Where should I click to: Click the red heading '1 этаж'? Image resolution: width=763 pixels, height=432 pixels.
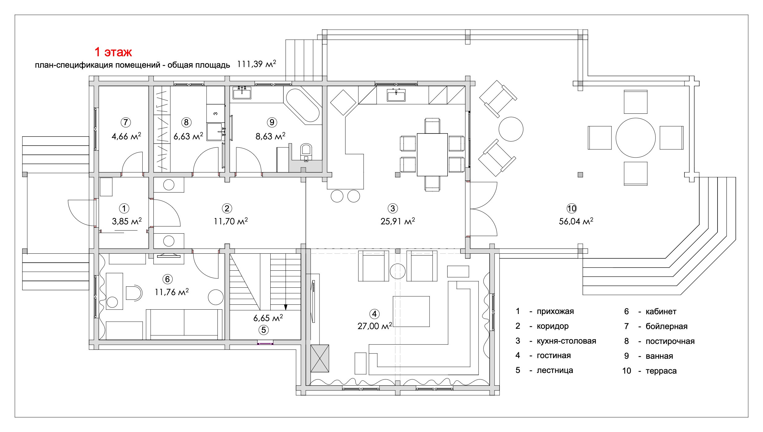(113, 52)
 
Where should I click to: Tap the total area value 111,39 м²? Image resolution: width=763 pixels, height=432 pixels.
(256, 64)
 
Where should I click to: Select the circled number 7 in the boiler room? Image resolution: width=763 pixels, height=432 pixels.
(126, 122)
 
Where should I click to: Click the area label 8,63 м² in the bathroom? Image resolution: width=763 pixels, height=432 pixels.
(270, 136)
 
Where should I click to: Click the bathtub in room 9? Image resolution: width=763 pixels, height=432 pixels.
(303, 105)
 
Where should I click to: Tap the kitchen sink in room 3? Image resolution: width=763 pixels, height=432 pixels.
(396, 95)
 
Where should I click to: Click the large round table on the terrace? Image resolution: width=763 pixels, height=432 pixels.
(635, 138)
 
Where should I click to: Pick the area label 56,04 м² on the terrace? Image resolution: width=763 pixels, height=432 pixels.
(576, 221)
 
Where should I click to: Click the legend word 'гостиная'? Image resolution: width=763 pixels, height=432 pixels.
(554, 355)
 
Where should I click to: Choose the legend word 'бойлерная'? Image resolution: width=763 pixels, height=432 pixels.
(666, 326)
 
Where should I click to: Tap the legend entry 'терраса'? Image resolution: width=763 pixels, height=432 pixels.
(661, 371)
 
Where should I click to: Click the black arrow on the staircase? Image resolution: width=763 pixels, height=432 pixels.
(285, 307)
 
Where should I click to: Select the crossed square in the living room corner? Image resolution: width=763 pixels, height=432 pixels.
(319, 358)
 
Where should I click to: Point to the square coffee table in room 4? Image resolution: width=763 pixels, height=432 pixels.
(411, 311)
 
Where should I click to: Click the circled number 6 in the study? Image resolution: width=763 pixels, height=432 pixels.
(167, 279)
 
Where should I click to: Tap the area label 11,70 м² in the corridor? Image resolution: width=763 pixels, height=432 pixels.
(231, 221)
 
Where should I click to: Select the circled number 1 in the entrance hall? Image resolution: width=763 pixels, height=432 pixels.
(124, 209)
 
